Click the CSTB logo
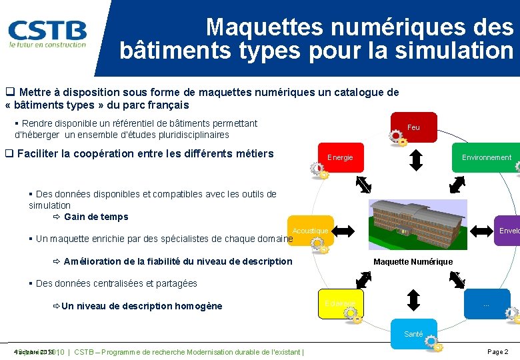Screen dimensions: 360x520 47,33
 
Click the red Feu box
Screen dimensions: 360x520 413,127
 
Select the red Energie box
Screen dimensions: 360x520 341,157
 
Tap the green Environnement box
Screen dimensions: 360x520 486,157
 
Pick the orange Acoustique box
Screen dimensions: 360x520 309,231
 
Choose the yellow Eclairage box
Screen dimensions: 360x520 341,303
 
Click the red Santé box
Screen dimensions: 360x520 413,333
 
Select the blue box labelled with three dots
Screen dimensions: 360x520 486,303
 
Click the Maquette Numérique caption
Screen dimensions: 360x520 413,262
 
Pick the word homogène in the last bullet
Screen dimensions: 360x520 198,306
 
